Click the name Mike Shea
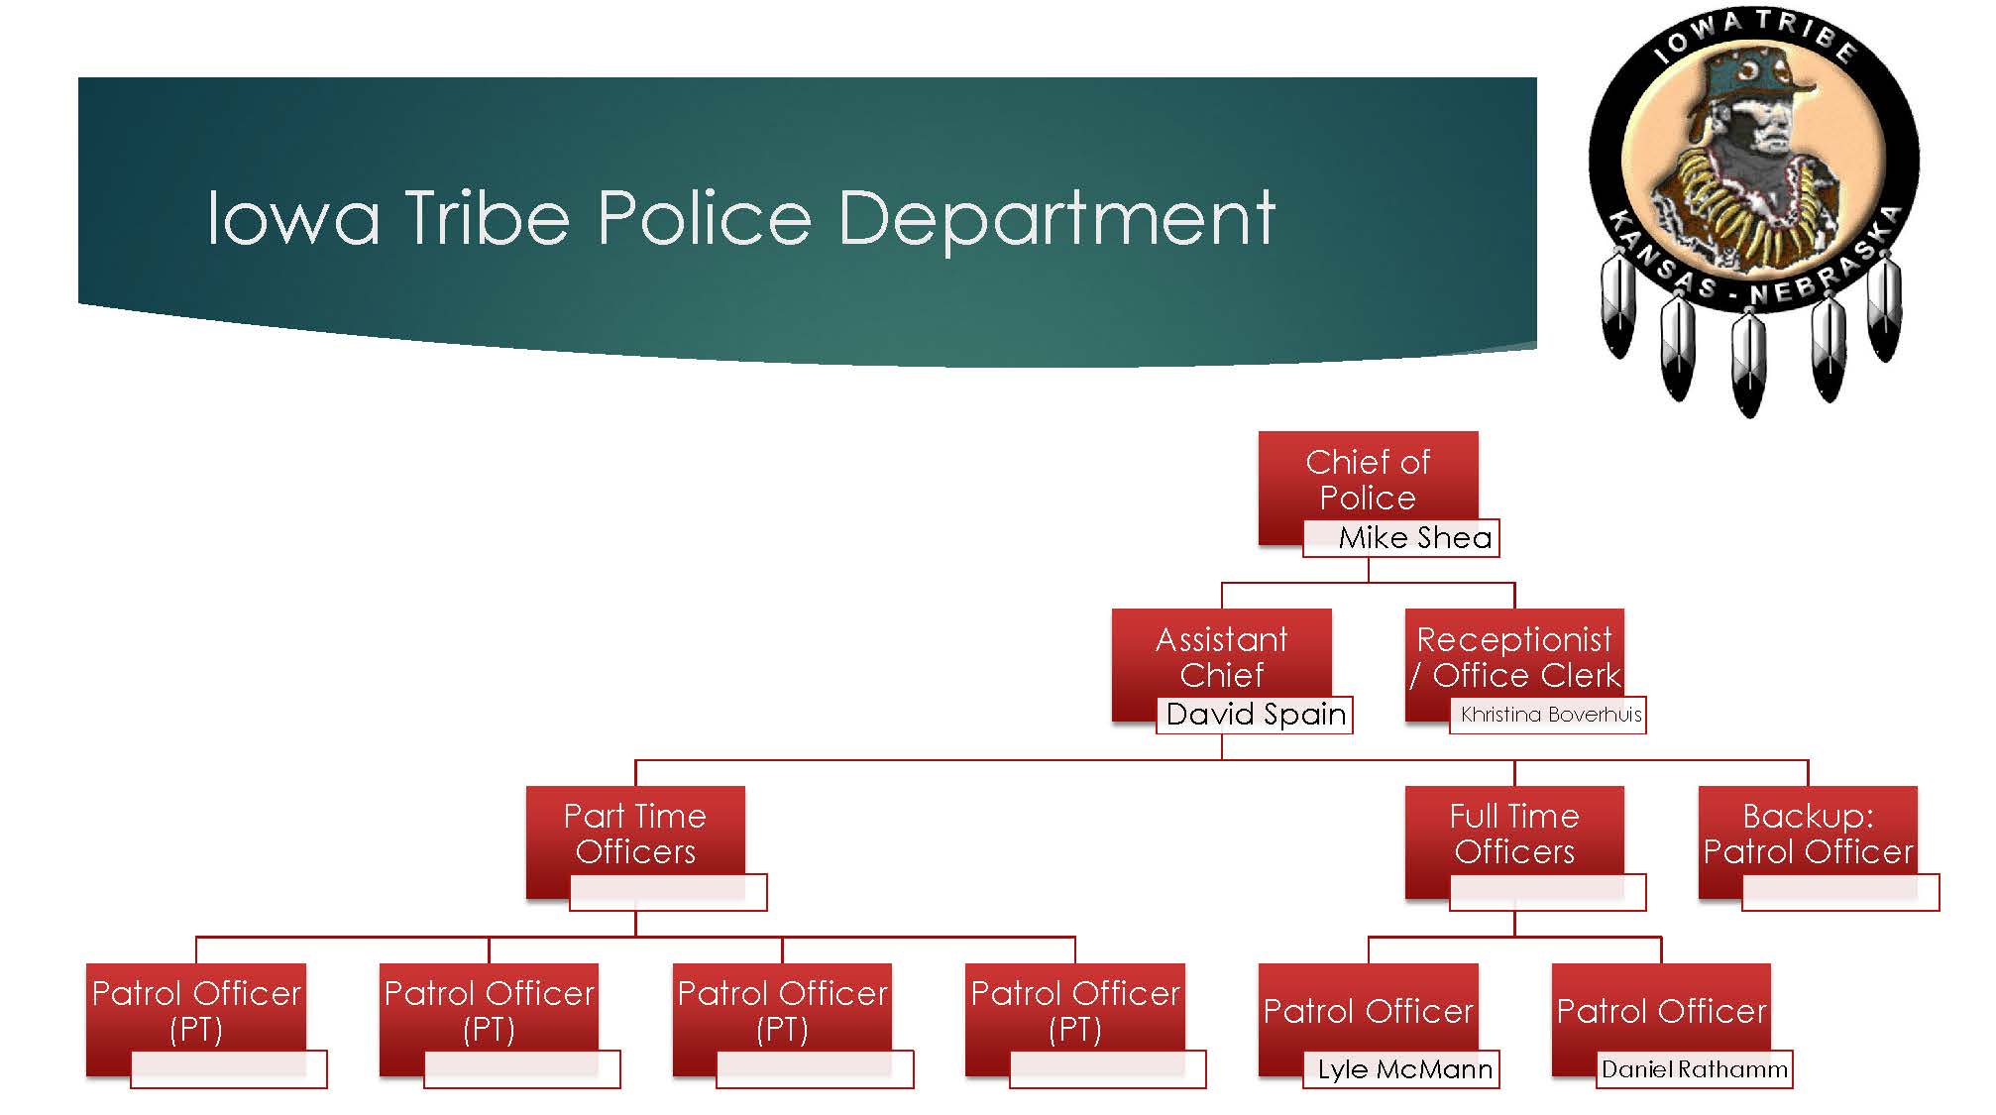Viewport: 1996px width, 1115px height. tap(1414, 537)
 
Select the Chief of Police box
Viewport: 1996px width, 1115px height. tap(1368, 480)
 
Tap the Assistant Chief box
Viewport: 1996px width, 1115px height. tap(1221, 657)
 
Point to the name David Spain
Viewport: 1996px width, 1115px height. tap(1256, 715)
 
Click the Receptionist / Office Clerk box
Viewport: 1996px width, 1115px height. tap(1514, 657)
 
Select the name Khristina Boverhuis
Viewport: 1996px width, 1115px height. tap(1550, 715)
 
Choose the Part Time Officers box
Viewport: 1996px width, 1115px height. tap(635, 834)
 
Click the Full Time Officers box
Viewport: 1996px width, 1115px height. tap(1514, 834)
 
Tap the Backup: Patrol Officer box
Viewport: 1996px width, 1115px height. tap(1808, 834)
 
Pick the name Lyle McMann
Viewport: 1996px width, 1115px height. tap(1404, 1069)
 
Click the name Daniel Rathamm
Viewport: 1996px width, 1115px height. tap(1695, 1069)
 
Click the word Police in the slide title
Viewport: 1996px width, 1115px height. tap(705, 217)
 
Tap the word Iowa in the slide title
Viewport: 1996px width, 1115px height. tap(293, 217)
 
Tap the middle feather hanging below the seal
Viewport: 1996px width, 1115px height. tap(1748, 362)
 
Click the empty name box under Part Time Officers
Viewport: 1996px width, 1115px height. tap(668, 892)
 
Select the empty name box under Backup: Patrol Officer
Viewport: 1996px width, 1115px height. tap(1840, 892)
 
